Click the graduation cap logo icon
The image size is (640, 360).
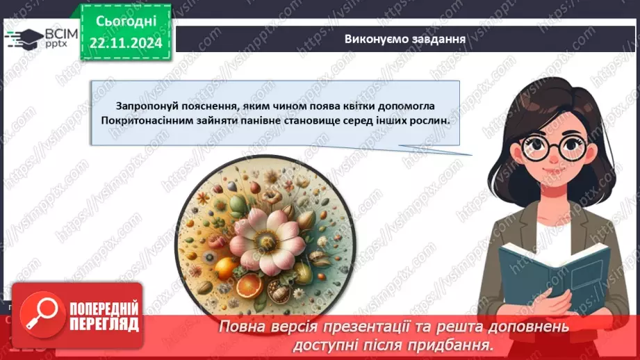(x=23, y=38)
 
